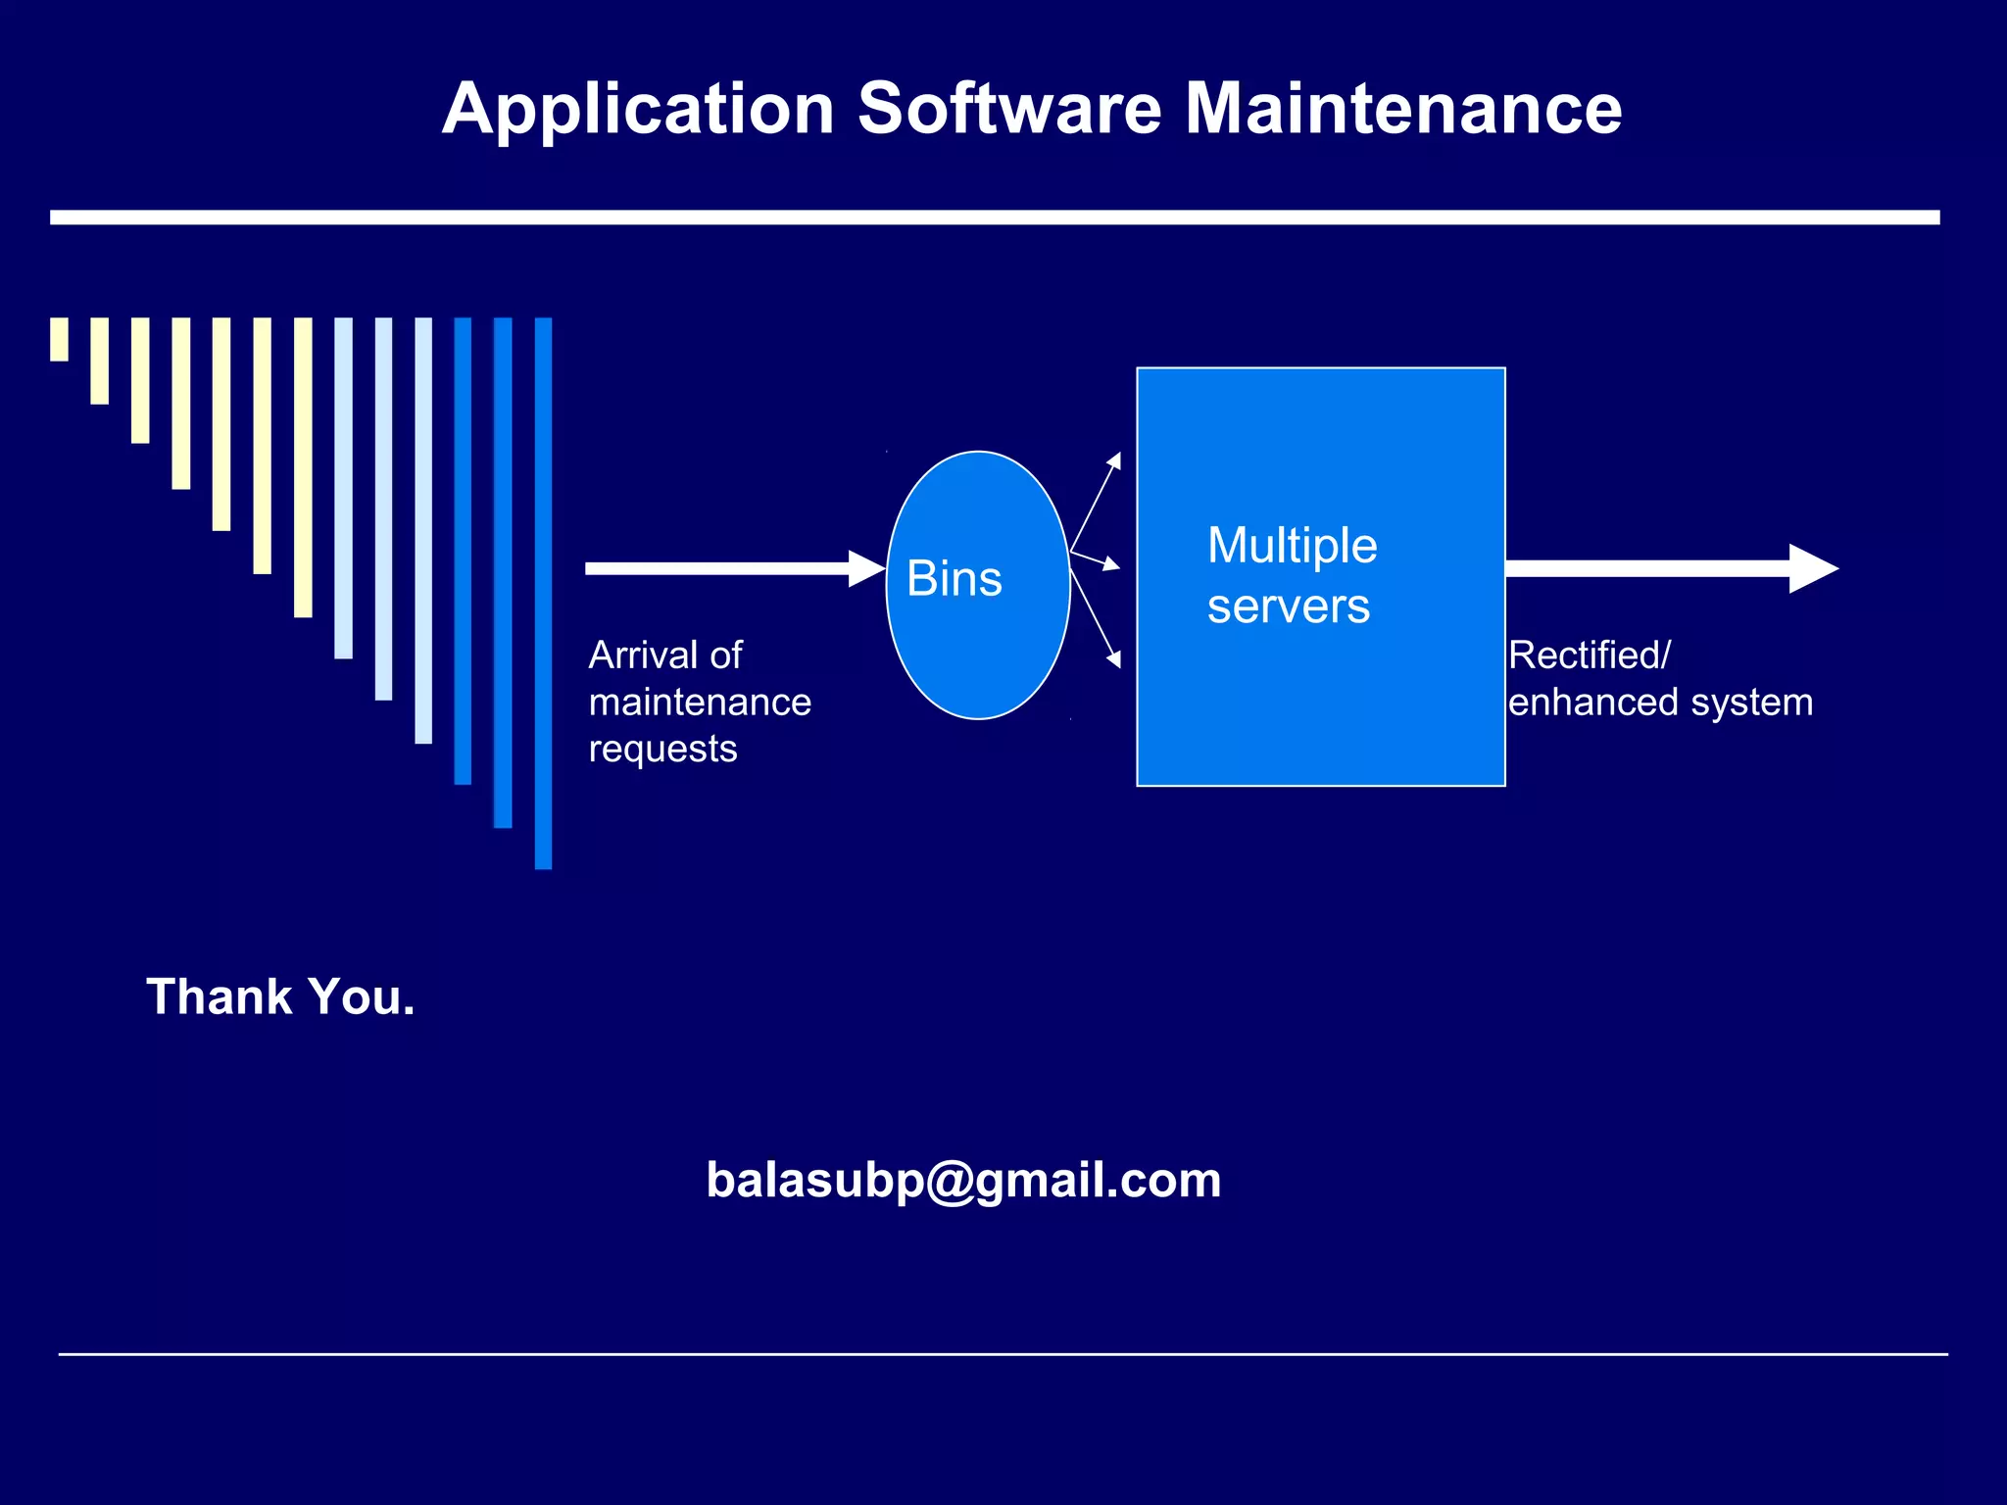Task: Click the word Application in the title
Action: point(638,109)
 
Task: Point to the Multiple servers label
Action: point(1291,575)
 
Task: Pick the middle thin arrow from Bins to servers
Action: point(1096,560)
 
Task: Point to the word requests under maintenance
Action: point(662,749)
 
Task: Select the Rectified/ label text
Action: point(1589,655)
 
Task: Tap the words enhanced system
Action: point(1660,703)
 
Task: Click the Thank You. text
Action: point(280,996)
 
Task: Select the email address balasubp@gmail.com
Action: point(963,1180)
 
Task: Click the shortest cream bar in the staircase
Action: point(59,339)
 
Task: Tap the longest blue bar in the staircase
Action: point(543,593)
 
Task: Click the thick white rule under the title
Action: point(995,218)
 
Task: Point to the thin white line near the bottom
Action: point(1003,1354)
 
